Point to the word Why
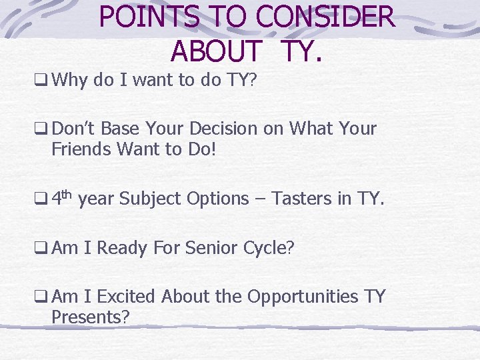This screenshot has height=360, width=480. coord(70,81)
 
